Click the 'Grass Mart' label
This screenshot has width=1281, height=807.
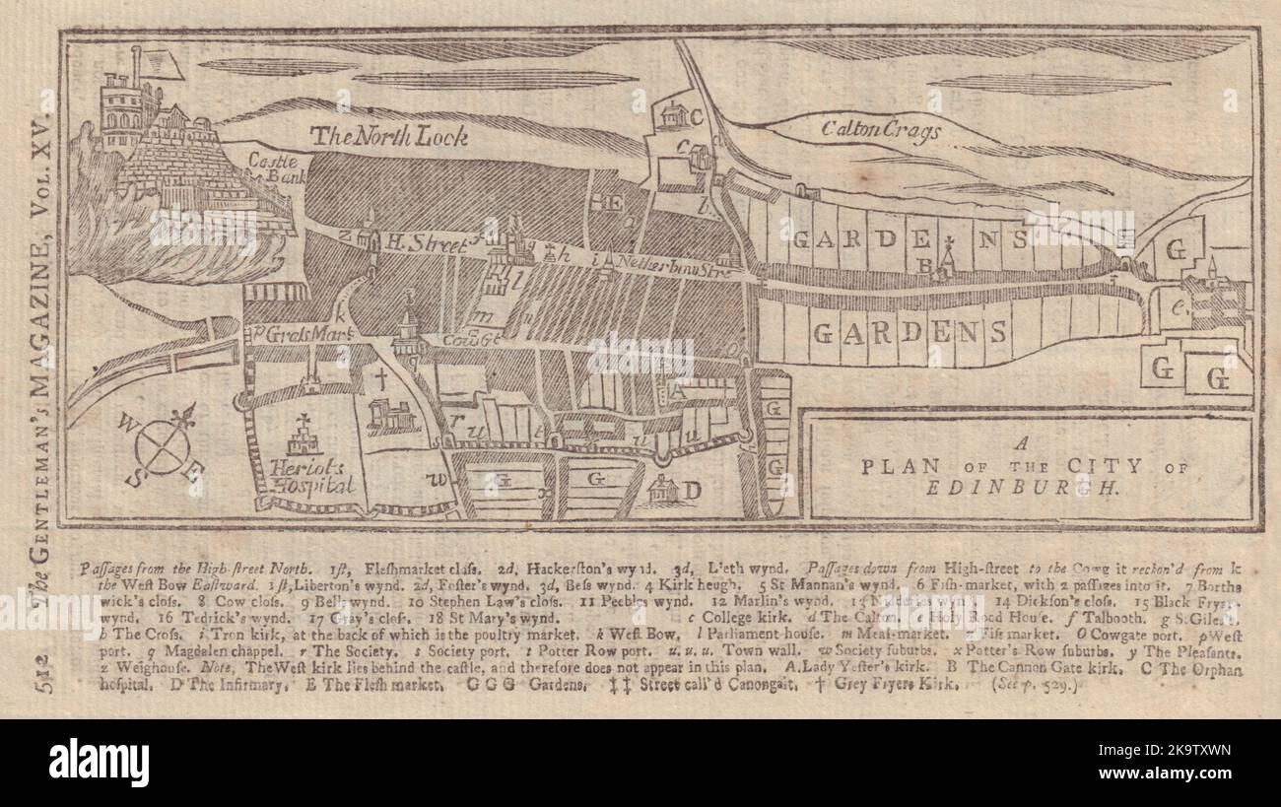tap(294, 332)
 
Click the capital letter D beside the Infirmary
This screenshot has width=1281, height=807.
tap(693, 489)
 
